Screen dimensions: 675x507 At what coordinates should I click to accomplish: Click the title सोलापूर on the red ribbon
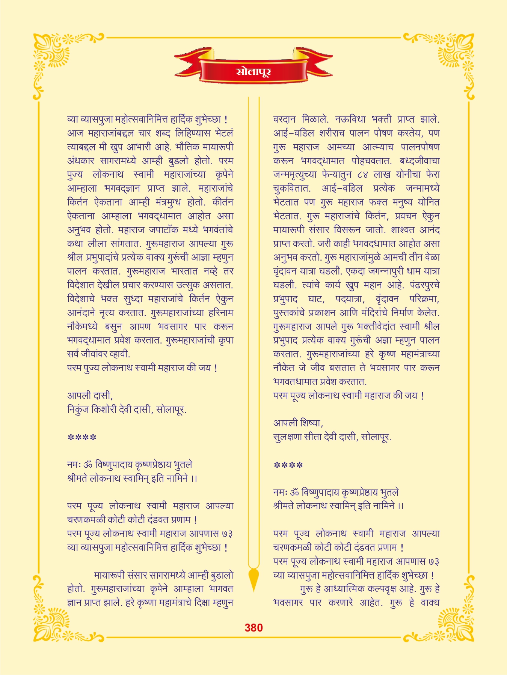[x=253, y=71]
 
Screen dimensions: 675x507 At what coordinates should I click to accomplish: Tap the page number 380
[x=253, y=628]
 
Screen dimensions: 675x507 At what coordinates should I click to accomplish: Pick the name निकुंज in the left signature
[x=78, y=409]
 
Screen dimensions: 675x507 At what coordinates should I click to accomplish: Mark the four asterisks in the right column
[x=288, y=465]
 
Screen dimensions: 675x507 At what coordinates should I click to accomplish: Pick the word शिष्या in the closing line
[x=311, y=423]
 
